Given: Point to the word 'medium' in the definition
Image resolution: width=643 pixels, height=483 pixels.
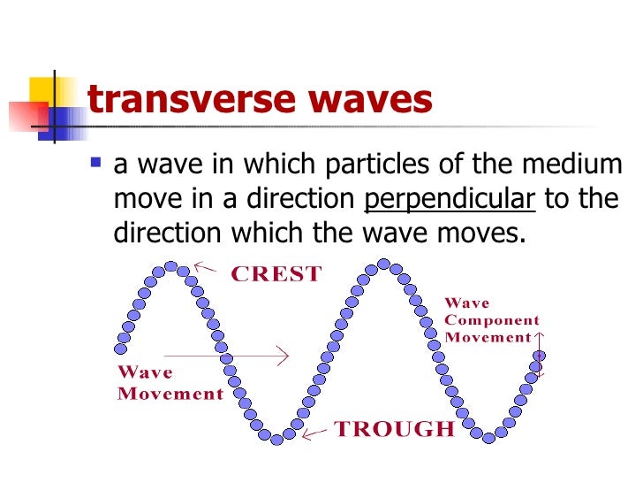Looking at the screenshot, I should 578,165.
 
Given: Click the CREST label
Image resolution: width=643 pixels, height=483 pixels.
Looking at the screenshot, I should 276,274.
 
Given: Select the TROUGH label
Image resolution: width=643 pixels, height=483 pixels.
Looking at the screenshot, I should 394,430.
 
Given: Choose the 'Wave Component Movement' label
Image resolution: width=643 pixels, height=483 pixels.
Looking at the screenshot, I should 491,319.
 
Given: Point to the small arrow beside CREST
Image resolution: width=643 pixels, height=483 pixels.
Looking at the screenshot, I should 206,265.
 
